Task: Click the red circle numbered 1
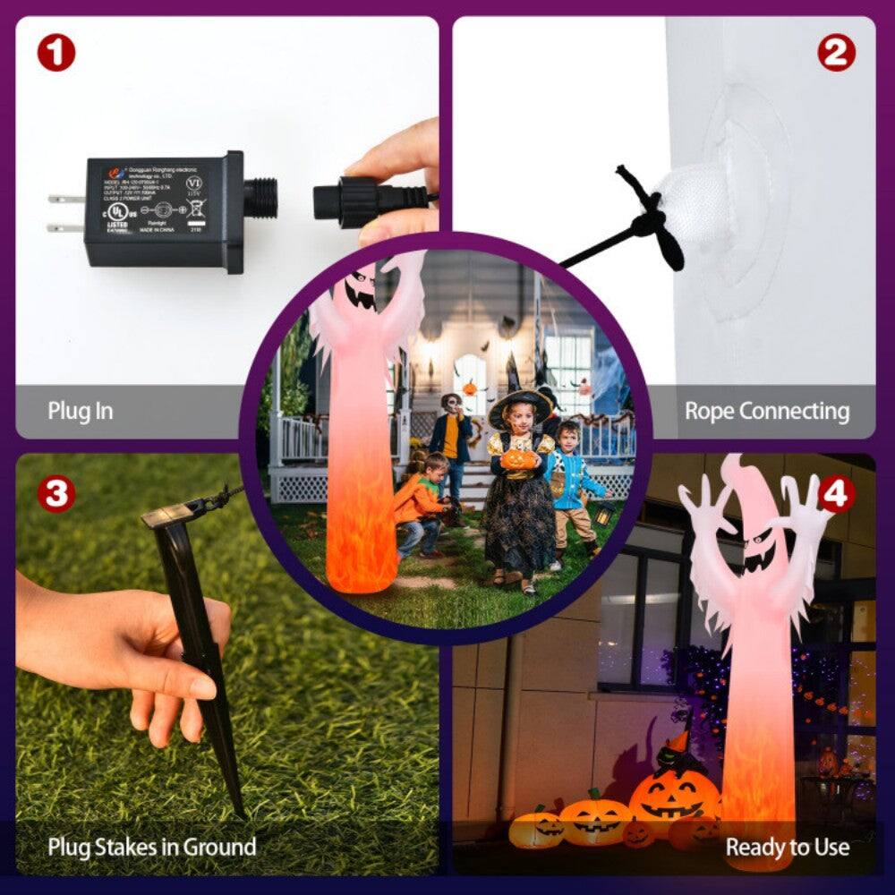pyautogui.click(x=55, y=54)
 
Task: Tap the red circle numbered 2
pyautogui.click(x=835, y=54)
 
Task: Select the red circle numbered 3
pyautogui.click(x=55, y=494)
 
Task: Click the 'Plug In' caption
pyautogui.click(x=80, y=412)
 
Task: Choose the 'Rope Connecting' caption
pyautogui.click(x=767, y=412)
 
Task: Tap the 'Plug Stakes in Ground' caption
pyautogui.click(x=152, y=846)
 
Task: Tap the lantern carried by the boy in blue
pyautogui.click(x=605, y=512)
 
